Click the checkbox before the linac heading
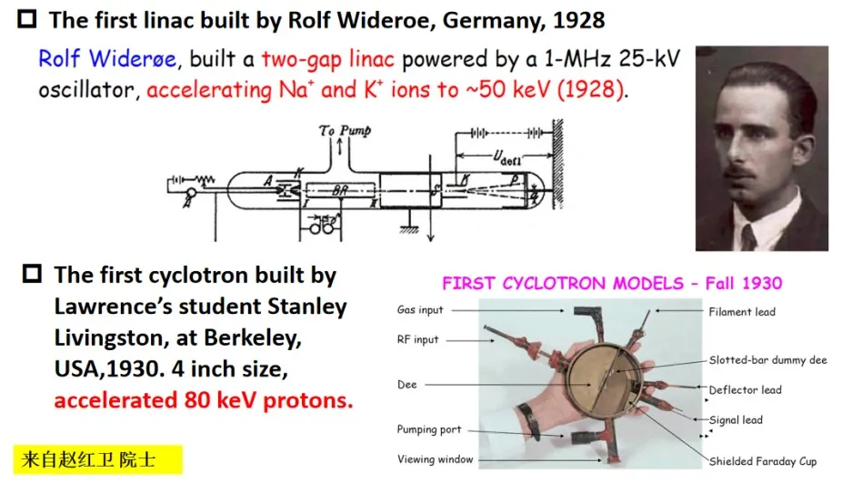coord(26,19)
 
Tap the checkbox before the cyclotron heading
coord(32,273)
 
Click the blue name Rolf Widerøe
coord(107,59)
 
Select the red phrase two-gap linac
coord(327,60)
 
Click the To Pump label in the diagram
coord(345,130)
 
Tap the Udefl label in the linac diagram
coord(506,157)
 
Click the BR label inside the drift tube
coord(340,191)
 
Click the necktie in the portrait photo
coord(748,237)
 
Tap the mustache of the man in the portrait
coord(739,171)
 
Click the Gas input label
coord(420,309)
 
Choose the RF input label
coord(417,339)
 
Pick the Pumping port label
coord(428,429)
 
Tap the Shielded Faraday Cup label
coord(762,461)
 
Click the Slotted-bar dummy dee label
coord(767,359)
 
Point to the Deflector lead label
coord(745,389)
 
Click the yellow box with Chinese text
coord(98,459)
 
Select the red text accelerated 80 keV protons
coord(203,400)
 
